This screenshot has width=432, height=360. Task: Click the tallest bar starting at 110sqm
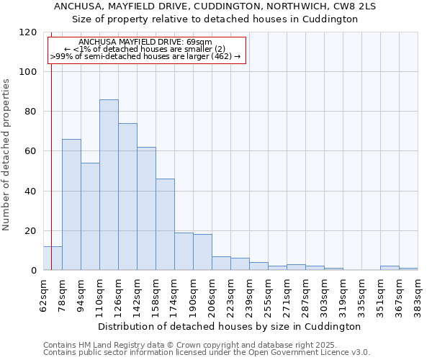coord(109,185)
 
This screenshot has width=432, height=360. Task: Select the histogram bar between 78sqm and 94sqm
coord(71,204)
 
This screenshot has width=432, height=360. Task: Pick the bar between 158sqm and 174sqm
coord(165,225)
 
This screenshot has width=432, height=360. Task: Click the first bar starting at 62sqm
coord(53,258)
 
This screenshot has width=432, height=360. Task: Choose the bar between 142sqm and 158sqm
coord(146,209)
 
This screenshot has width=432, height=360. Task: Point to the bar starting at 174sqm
coord(184,251)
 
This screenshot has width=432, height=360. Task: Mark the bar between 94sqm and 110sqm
coord(90,217)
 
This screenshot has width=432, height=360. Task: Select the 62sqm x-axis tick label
coord(44,294)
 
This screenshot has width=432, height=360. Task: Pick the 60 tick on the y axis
coord(32,151)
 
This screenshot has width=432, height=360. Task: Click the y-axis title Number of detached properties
coord(6,155)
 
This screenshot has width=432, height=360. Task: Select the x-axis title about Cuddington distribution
coord(229,326)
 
